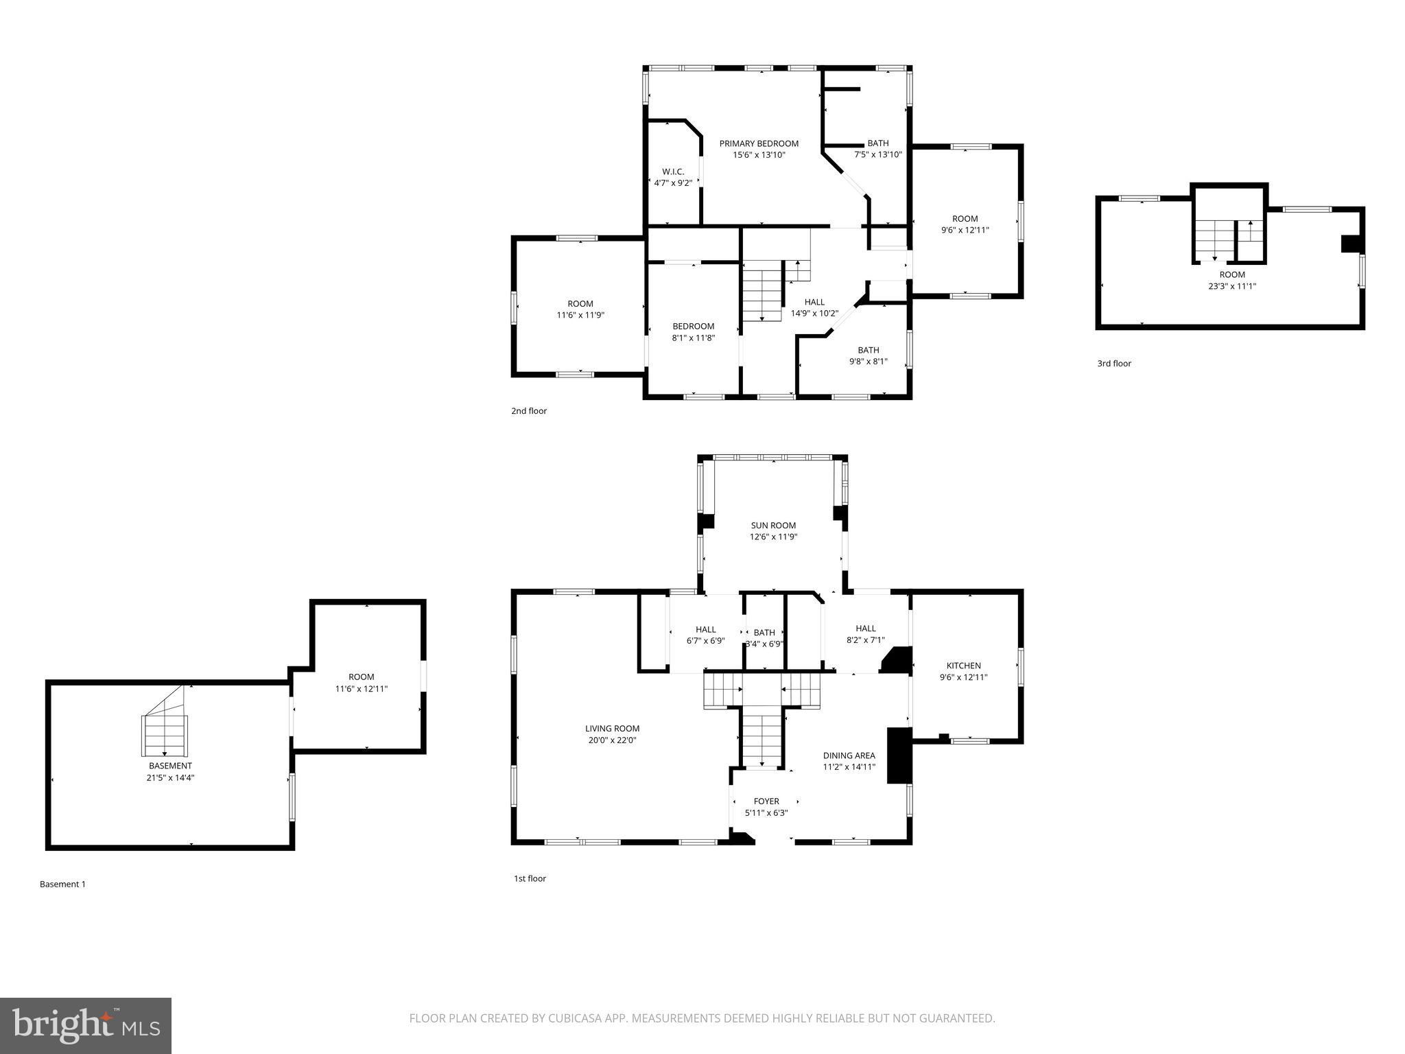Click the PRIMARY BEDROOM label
[759, 143]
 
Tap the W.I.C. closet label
[672, 171]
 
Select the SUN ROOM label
[773, 526]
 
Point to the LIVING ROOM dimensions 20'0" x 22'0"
[612, 740]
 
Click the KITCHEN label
[963, 666]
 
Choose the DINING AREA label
[849, 756]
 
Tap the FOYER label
[766, 801]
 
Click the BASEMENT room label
[170, 766]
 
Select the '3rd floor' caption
[1113, 364]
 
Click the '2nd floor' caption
[528, 411]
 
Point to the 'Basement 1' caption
[62, 884]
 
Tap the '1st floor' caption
[530, 878]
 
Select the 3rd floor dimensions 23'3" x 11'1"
[1231, 286]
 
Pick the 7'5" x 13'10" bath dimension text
[877, 154]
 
